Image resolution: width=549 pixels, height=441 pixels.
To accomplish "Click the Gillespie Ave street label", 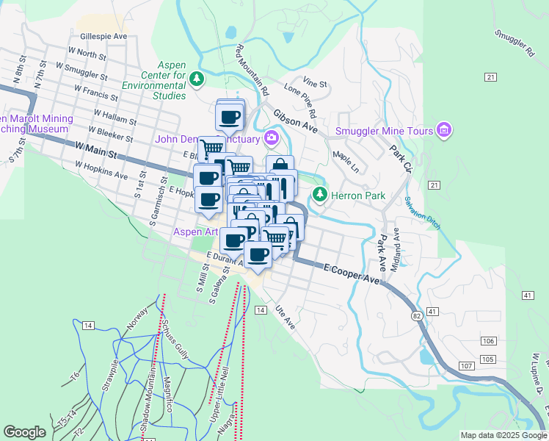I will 104,35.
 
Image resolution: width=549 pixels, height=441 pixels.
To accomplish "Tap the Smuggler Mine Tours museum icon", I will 443,131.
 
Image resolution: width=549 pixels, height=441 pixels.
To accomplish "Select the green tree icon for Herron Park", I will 319,194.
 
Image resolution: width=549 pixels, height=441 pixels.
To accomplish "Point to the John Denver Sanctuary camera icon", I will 272,138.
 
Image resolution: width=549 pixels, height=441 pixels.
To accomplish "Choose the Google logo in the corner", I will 24,432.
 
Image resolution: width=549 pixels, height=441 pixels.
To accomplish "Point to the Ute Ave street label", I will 284,317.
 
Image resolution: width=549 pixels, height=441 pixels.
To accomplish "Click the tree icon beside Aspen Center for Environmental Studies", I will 197,78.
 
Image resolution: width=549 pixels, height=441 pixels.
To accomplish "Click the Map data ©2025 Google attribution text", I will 503,435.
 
